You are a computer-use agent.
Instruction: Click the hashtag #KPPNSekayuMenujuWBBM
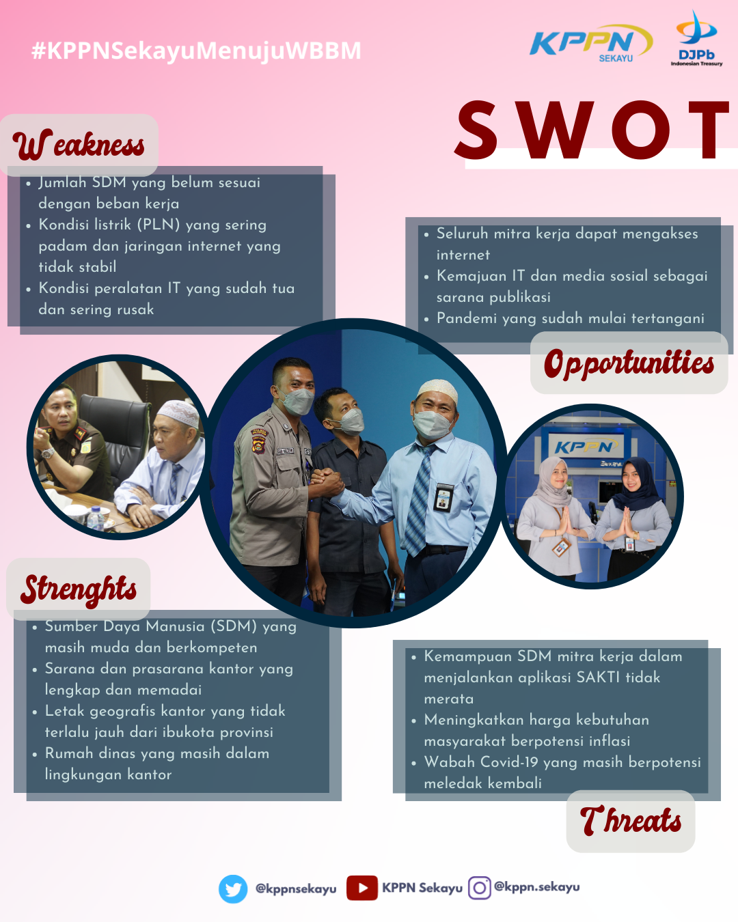pyautogui.click(x=196, y=51)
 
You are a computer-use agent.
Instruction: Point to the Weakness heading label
pyautogui.click(x=79, y=145)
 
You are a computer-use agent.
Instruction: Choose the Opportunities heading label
pyautogui.click(x=629, y=363)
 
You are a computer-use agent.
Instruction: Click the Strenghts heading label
pyautogui.click(x=79, y=590)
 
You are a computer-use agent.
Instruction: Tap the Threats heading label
pyautogui.click(x=630, y=820)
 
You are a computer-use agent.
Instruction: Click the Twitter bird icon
pyautogui.click(x=233, y=889)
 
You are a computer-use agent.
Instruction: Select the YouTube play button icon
pyautogui.click(x=362, y=888)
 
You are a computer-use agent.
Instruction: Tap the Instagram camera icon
pyautogui.click(x=479, y=888)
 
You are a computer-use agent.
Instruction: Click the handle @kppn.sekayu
pyautogui.click(x=536, y=886)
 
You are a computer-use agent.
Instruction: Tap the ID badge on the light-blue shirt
pyautogui.click(x=443, y=497)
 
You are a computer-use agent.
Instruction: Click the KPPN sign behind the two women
pyautogui.click(x=586, y=447)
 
